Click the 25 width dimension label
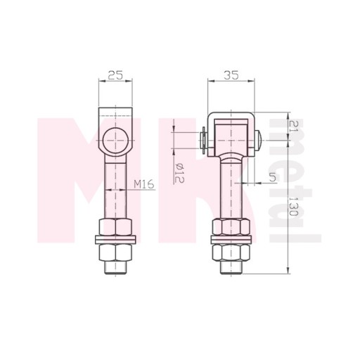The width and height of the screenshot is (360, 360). coord(115,75)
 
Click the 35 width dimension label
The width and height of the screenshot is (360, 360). coord(231,75)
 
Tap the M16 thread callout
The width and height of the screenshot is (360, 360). coord(144,184)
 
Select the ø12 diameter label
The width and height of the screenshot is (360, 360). coord(179,173)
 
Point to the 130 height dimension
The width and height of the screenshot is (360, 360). coord(293,206)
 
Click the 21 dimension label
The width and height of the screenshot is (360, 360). coord(293,127)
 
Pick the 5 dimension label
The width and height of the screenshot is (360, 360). coord(272,177)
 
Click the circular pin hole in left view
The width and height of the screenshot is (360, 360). coord(115,141)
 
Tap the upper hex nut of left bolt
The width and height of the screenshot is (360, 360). coord(115,226)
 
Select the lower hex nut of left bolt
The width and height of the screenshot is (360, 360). coord(115,252)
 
